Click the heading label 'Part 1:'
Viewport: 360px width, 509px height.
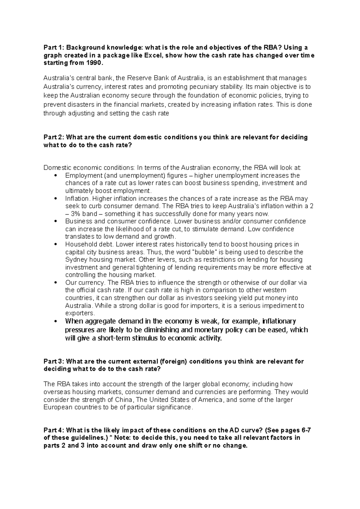pos(54,47)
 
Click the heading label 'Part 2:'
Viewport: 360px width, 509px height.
pos(54,137)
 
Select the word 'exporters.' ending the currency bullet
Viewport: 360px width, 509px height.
pos(80,313)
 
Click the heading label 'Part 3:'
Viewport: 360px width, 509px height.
pos(54,361)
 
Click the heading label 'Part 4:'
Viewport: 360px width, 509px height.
pos(54,430)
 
